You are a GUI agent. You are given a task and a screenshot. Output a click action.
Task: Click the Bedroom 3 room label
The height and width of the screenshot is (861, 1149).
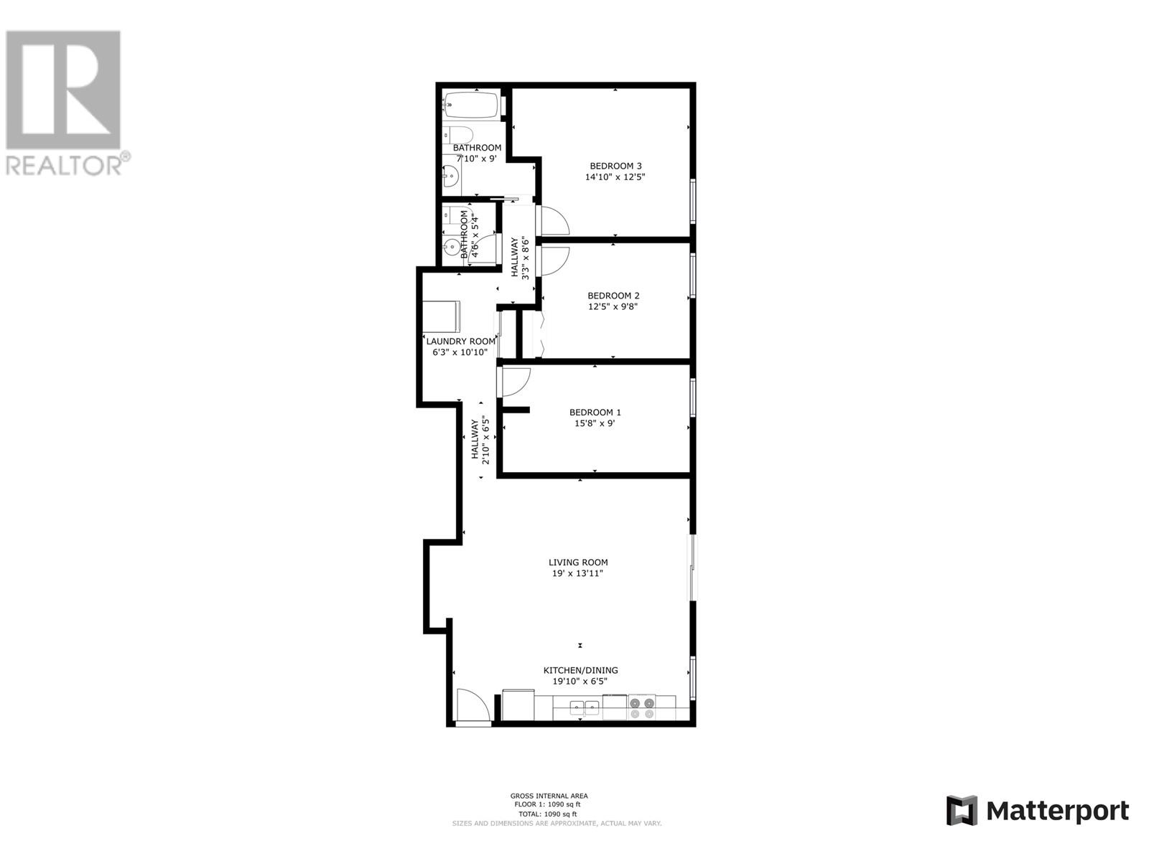pos(615,166)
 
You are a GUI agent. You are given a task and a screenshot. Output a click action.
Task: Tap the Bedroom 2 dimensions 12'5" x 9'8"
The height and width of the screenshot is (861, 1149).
pos(613,306)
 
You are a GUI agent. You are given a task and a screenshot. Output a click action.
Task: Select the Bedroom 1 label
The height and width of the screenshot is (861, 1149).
pos(595,413)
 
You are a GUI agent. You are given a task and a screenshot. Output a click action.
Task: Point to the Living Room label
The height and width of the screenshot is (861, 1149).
pos(578,563)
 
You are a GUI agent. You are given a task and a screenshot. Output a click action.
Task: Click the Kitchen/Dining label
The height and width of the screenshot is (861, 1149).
pos(580,670)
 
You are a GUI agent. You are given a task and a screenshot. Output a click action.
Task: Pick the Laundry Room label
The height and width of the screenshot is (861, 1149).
pos(460,342)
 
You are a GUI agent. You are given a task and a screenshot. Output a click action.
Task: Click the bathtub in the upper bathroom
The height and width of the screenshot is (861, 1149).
pos(471,105)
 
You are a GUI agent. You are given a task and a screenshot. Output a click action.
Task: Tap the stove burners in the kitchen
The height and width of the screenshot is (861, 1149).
pos(642,708)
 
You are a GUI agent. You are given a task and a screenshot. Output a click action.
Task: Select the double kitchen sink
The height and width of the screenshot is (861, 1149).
pos(585,708)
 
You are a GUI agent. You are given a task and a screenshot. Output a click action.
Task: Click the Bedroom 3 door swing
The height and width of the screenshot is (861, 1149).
pos(554,220)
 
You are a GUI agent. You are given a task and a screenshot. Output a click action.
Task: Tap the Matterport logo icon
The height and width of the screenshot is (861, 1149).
pos(962,811)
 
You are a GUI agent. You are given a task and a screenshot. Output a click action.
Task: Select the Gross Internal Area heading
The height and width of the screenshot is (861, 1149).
pos(549,796)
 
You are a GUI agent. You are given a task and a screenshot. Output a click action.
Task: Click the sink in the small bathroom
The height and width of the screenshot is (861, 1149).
pos(451,248)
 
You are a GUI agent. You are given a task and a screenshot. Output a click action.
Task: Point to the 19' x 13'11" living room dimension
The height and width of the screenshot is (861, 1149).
pos(578,573)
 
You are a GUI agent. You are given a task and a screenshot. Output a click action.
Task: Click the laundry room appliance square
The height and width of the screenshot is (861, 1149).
pos(441,317)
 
